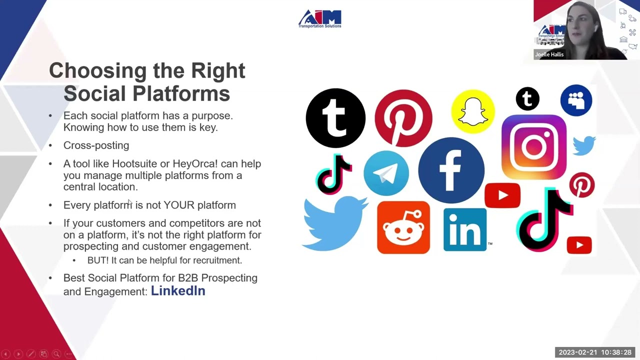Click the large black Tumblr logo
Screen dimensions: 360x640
click(335, 118)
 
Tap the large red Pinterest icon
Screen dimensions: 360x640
click(403, 118)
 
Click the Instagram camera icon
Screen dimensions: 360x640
click(533, 146)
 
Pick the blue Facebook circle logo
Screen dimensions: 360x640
click(451, 170)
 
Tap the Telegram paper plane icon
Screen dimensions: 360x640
click(386, 173)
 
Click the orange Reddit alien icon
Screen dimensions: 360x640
click(403, 227)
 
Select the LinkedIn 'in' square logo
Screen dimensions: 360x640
click(464, 229)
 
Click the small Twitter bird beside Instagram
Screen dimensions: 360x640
click(584, 145)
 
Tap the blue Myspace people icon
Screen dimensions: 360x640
click(576, 100)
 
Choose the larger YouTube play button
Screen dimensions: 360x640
click(502, 195)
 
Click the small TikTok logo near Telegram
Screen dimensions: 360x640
click(334, 173)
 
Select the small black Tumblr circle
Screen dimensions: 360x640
click(527, 98)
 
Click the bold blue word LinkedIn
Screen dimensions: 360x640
click(178, 290)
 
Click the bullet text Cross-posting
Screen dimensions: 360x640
click(96, 145)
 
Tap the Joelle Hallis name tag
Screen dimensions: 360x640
click(549, 54)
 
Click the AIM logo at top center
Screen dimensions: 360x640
click(320, 19)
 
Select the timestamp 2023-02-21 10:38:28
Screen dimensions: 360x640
click(595, 352)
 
